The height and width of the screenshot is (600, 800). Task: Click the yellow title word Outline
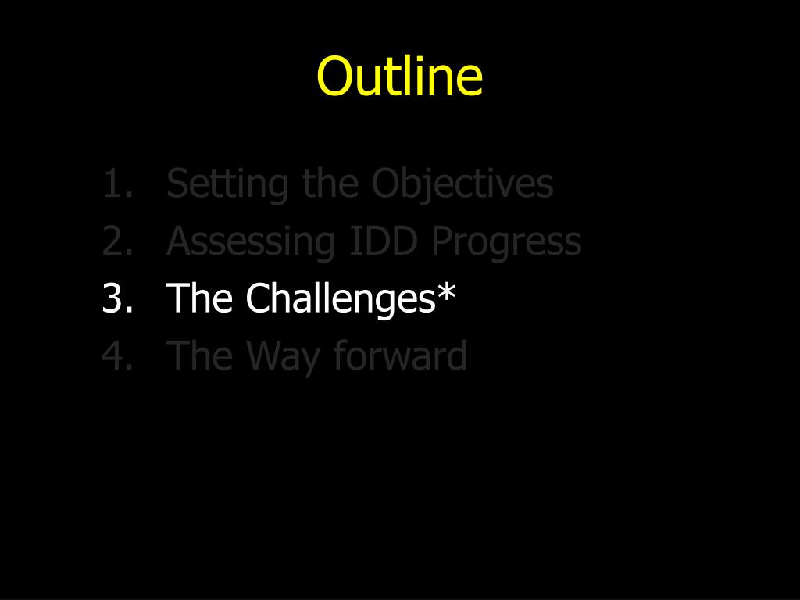tap(399, 76)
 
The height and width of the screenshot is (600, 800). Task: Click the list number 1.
tap(118, 184)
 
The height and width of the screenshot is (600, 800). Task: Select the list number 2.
tap(118, 241)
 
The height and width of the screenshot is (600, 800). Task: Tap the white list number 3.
tap(118, 298)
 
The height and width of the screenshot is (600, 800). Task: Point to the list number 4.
tap(118, 355)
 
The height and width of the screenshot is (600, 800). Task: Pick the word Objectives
tap(462, 184)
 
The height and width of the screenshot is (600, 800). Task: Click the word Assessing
tap(251, 243)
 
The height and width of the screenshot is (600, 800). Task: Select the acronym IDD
tap(384, 241)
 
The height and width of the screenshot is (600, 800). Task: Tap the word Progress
tap(506, 243)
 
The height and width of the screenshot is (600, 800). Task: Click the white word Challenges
tap(341, 298)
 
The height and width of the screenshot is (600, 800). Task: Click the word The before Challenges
tap(199, 298)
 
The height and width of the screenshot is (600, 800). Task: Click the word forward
tap(401, 355)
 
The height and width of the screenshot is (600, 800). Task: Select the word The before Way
tap(199, 355)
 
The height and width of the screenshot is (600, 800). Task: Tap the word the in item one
tap(330, 183)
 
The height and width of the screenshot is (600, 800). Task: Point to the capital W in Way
tap(266, 355)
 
